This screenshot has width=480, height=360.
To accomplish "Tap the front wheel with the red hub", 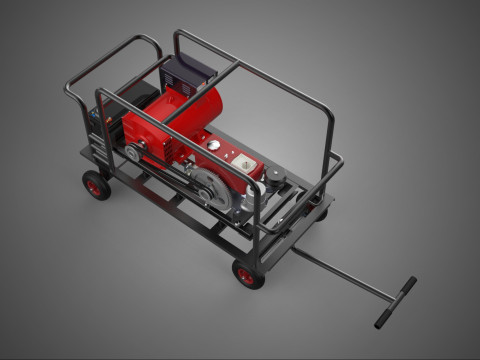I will [x=248, y=274].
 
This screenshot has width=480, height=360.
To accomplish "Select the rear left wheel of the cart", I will [x=96, y=185].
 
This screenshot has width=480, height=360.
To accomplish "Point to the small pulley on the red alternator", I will [x=134, y=152].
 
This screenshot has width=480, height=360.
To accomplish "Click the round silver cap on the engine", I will [x=213, y=145].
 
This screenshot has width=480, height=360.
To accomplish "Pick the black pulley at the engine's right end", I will [x=275, y=180].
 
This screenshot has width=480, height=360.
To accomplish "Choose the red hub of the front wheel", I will [x=247, y=276].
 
